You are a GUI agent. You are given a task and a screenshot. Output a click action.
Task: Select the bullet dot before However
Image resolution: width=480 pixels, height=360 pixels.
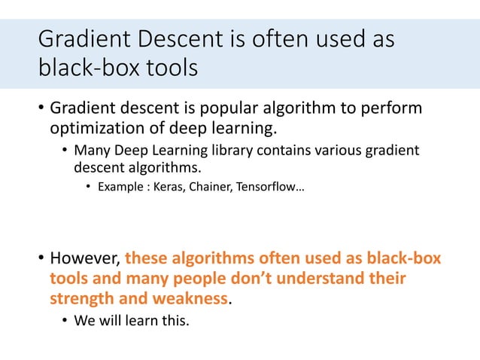[41, 259]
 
